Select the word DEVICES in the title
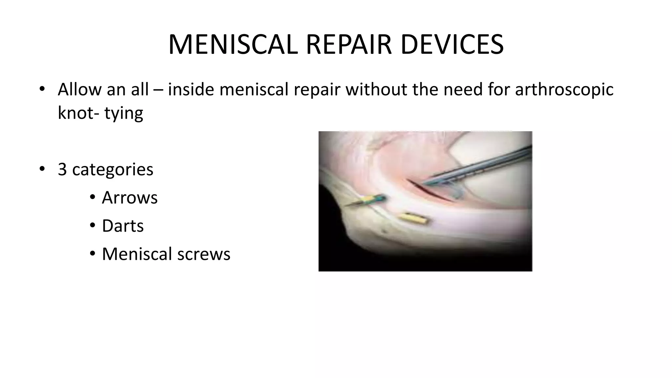pos(452,44)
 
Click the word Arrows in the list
pos(130,198)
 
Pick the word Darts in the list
pos(123,226)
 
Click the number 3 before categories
pos(62,169)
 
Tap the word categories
pos(113,169)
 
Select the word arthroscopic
pos(564,89)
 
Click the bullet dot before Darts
pos(93,226)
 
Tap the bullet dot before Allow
pos(41,89)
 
